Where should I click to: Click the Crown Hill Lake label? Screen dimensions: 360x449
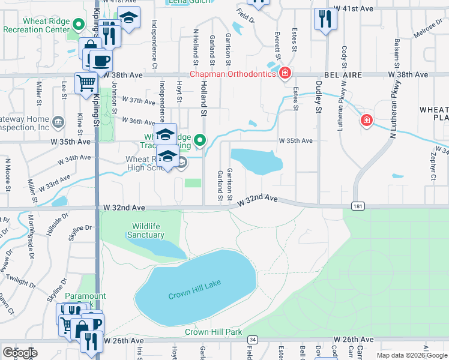[190, 295]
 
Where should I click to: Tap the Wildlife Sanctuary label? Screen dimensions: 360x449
[146, 230]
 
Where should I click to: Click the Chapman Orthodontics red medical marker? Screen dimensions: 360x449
[285, 74]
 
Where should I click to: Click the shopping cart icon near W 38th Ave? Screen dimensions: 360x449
[86, 82]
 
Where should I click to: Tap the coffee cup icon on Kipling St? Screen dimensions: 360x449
[100, 61]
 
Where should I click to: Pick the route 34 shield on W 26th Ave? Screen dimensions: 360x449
[253, 340]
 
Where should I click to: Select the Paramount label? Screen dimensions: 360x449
[85, 296]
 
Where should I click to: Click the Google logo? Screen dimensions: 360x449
[20, 352]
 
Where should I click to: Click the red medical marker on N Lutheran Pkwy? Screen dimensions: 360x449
[366, 121]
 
